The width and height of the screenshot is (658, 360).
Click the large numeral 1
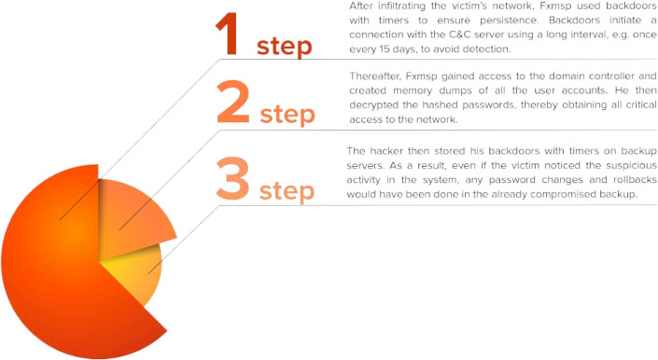tap(227, 35)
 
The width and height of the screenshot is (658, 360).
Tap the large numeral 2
tap(233, 102)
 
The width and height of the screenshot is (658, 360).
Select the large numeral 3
tap(233, 178)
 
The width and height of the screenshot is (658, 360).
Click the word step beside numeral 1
tap(285, 46)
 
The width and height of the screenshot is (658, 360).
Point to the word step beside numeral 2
tap(287, 114)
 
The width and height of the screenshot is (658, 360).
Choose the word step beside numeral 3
tap(287, 191)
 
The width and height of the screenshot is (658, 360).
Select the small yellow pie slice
tap(134, 272)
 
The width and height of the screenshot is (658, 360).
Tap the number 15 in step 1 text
tap(384, 49)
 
